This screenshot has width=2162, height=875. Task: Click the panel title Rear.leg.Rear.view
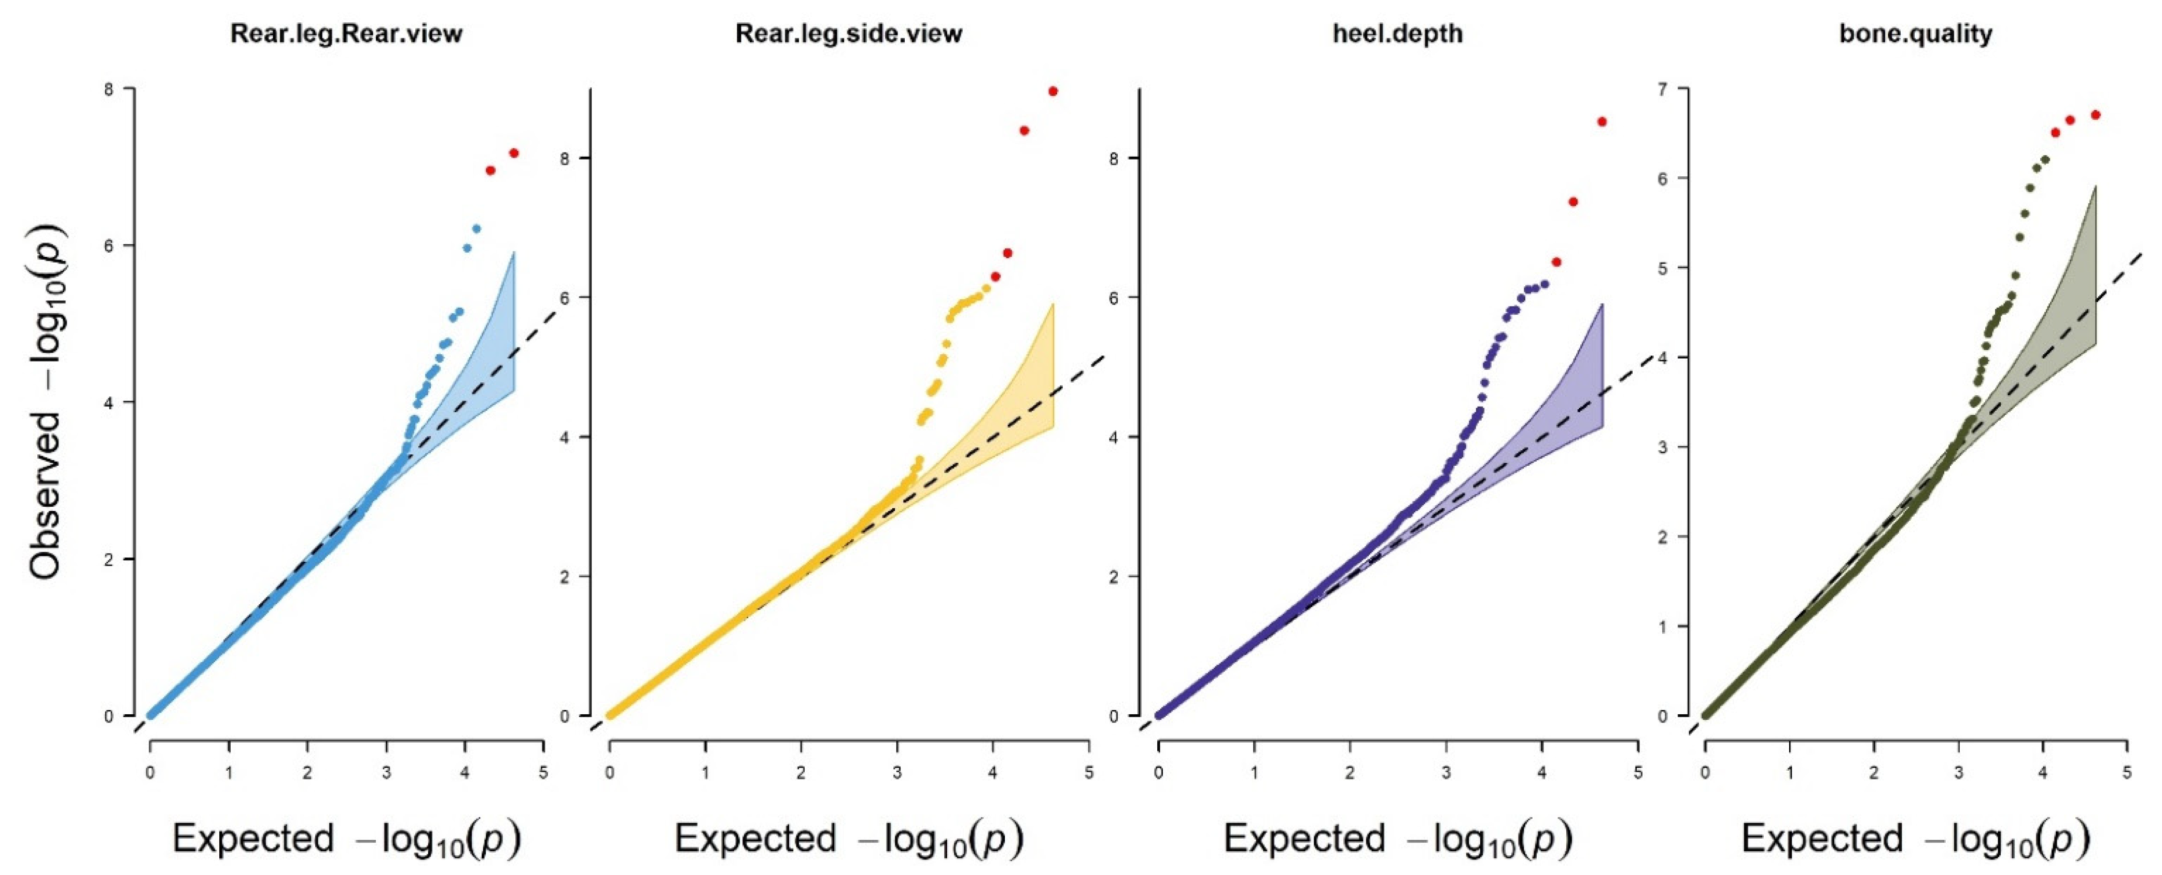tap(347, 34)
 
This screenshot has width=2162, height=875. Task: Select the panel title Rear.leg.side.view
tap(849, 34)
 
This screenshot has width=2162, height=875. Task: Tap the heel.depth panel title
tap(1397, 34)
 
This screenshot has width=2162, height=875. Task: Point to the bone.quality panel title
tap(1915, 34)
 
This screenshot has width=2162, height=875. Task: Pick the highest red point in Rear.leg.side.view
tap(1052, 91)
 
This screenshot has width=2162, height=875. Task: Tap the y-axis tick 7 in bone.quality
tap(1661, 88)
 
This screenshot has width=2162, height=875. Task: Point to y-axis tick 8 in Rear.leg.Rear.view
tap(108, 88)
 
